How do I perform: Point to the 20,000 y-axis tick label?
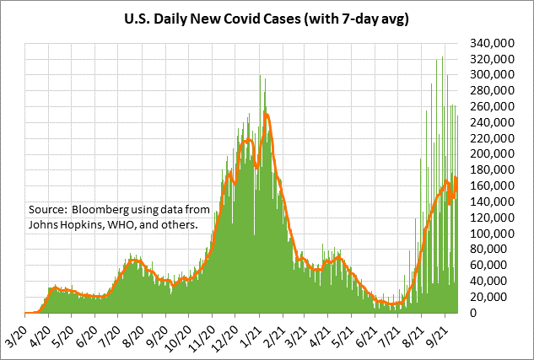pos(491,297)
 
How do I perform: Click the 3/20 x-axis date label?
pos(17,328)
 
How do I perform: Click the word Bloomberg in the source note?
pos(101,209)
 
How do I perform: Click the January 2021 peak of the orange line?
pos(267,114)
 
